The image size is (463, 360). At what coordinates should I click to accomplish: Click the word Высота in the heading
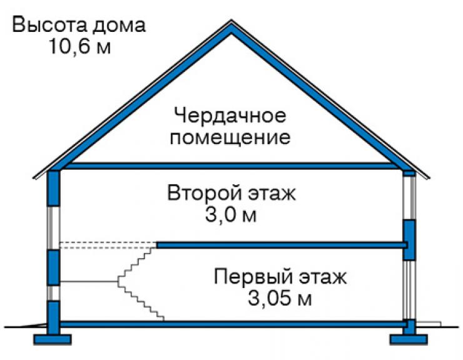[49, 25]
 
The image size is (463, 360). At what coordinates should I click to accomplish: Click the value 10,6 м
[80, 47]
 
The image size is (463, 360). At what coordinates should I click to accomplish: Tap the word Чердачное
[230, 116]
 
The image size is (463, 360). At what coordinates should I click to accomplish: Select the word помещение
[230, 138]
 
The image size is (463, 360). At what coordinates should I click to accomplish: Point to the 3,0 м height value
[231, 215]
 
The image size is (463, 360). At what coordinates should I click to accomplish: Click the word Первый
[253, 277]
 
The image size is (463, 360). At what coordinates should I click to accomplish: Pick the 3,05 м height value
[279, 299]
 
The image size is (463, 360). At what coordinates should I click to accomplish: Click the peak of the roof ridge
[232, 21]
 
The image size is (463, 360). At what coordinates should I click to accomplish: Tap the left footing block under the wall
[53, 339]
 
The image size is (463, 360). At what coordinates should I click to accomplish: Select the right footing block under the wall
[409, 339]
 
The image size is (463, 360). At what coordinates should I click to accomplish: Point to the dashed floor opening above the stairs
[108, 245]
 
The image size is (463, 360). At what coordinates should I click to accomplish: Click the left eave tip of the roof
[34, 178]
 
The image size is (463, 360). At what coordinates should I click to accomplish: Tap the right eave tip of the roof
[429, 178]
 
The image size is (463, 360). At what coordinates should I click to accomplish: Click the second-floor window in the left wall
[53, 228]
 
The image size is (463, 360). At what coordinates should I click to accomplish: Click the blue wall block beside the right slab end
[409, 240]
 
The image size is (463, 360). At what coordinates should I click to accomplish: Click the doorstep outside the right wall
[428, 324]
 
